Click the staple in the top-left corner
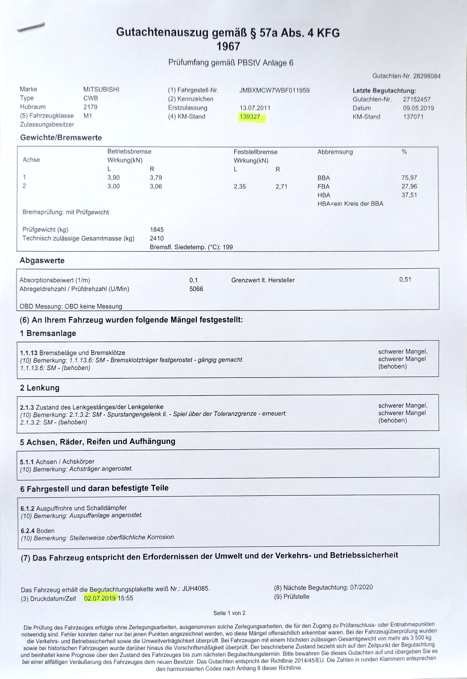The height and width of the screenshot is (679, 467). (31, 27)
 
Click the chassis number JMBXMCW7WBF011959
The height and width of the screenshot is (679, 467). (274, 90)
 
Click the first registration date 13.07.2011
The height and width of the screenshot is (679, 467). (255, 108)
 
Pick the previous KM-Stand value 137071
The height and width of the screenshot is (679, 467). (413, 117)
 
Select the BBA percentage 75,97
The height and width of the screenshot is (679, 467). (409, 178)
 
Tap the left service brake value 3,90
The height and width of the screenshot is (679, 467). (114, 178)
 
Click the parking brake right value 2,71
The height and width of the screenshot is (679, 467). (281, 187)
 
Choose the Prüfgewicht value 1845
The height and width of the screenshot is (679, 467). (157, 230)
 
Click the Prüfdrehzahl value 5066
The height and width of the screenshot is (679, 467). (196, 289)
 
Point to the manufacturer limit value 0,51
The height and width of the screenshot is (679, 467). (405, 280)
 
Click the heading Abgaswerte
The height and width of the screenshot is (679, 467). (42, 261)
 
